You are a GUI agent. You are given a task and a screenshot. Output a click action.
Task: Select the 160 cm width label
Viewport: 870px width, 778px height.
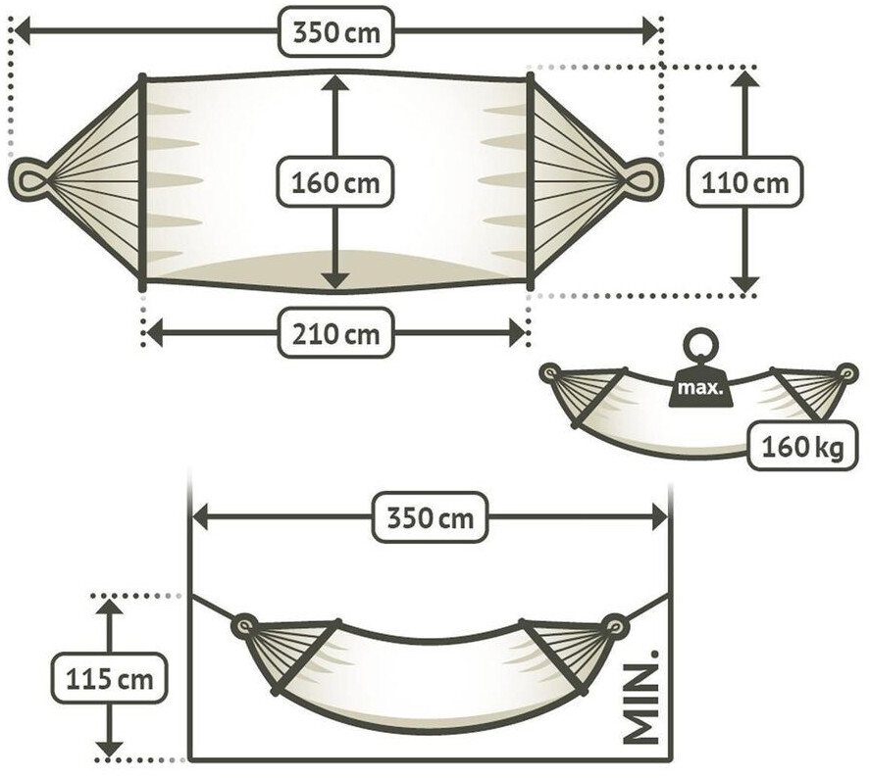[335, 183]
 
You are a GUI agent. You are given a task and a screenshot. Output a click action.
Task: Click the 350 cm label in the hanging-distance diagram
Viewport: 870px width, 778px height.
[430, 516]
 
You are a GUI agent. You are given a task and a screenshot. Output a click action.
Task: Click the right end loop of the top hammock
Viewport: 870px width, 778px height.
[642, 179]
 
